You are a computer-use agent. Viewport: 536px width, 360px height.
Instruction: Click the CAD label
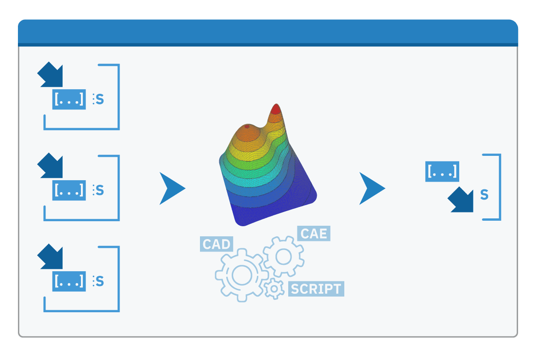coord(217,244)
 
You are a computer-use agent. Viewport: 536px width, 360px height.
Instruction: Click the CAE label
coord(314,234)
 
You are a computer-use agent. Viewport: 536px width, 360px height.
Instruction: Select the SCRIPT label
coord(316,289)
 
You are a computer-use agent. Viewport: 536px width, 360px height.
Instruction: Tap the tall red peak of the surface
coord(276,109)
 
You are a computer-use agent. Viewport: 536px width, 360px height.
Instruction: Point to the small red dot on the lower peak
coord(247,126)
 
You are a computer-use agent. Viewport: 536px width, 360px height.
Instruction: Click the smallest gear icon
coord(274,289)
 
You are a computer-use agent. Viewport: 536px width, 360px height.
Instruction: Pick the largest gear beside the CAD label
coord(239,274)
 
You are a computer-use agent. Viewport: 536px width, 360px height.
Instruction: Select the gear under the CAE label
coord(283,256)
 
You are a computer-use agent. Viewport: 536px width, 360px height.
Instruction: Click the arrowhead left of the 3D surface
coord(171,189)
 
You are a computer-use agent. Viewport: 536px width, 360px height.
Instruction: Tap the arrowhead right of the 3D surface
coord(371,189)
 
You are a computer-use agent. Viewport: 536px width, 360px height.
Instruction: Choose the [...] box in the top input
coord(69,99)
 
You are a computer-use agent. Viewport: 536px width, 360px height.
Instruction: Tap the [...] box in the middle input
coord(69,190)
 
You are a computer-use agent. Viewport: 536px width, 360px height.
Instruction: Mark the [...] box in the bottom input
coord(69,281)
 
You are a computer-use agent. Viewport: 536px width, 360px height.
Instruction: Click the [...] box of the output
coord(442,171)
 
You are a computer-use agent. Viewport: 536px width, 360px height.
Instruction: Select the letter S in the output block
coord(484,195)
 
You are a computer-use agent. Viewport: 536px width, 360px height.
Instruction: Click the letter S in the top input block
coord(100,99)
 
